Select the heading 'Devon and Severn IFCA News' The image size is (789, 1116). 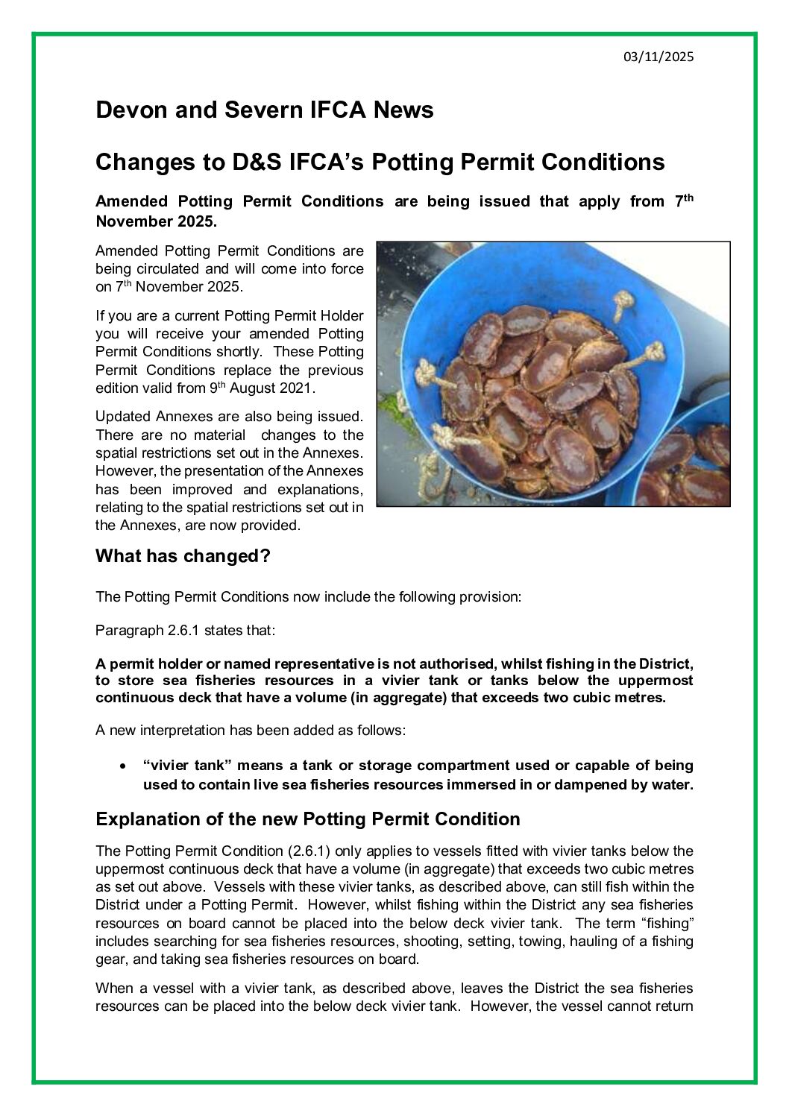coord(264,110)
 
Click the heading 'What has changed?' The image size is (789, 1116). coord(183,556)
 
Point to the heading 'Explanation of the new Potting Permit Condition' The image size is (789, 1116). coord(307,819)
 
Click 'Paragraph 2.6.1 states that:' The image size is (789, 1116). coord(186,631)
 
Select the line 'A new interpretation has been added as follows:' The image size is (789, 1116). coord(251,731)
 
